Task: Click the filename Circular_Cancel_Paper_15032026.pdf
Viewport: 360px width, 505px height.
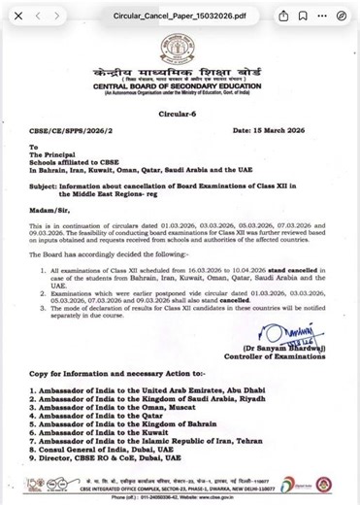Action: point(170,17)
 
